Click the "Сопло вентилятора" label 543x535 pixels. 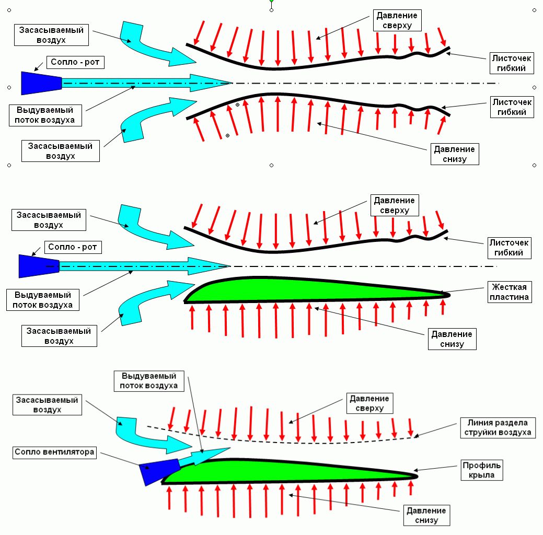(x=55, y=452)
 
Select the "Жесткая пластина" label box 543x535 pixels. (x=509, y=292)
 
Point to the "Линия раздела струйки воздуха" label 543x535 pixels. (x=496, y=427)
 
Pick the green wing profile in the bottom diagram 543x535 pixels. (x=287, y=471)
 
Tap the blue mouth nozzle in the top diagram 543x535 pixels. (x=41, y=83)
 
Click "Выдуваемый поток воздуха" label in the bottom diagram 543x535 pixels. (x=149, y=381)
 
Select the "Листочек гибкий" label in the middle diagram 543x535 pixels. (x=509, y=248)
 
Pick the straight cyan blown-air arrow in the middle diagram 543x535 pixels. (x=146, y=266)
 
